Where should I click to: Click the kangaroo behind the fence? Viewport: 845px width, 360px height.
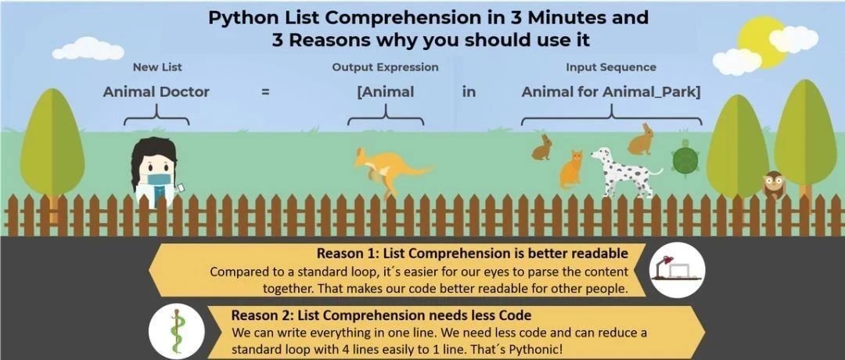pos(389,171)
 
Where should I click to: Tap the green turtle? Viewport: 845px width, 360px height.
pos(685,158)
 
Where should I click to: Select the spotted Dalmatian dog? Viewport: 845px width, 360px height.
pos(625,171)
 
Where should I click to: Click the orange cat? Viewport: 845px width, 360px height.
pos(571,169)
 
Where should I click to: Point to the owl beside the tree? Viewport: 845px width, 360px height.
pos(773,185)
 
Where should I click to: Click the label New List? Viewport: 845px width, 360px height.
pos(156,67)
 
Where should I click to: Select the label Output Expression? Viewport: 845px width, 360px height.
pos(385,67)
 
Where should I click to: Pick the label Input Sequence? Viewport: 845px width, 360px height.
pos(611,67)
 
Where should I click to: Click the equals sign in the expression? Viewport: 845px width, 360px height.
pos(264,92)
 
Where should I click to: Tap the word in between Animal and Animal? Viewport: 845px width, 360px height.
pos(469,92)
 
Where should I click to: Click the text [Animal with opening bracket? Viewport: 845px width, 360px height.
pos(385,92)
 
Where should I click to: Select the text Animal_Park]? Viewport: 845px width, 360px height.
pos(652,92)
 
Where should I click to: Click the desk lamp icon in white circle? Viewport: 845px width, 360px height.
pos(677,269)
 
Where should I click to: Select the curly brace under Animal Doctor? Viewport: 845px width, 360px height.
pos(156,114)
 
